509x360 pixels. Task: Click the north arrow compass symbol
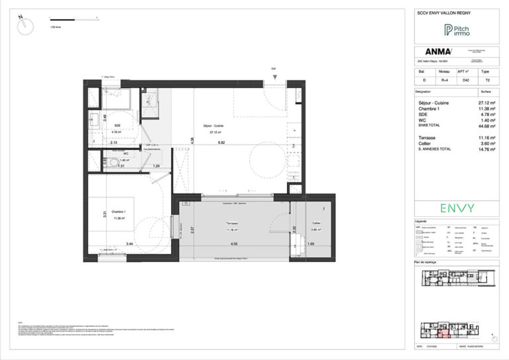click(x=26, y=25)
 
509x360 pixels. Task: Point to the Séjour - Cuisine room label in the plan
click(x=213, y=126)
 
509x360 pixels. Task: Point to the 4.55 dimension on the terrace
click(x=235, y=244)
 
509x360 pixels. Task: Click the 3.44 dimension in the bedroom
click(x=130, y=244)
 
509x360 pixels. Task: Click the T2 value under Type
click(x=488, y=80)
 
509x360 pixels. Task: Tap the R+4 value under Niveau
click(x=445, y=80)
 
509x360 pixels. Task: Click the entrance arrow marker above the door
click(x=273, y=81)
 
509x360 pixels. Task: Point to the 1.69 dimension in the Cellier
click(x=311, y=244)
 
